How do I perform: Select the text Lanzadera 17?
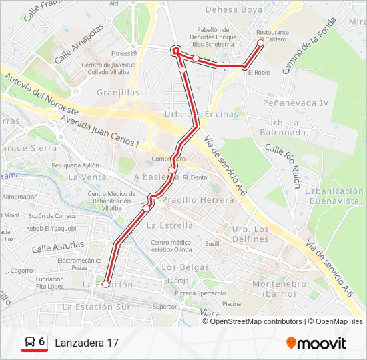pyautogui.click(x=87, y=343)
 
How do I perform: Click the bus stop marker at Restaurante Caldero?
pyautogui.click(x=261, y=43)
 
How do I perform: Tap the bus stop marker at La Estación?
pyautogui.click(x=105, y=285)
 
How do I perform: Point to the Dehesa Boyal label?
pyautogui.click(x=235, y=10)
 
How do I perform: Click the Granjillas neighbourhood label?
pyautogui.click(x=118, y=93)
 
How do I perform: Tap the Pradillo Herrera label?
pyautogui.click(x=198, y=199)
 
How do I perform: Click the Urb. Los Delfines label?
pyautogui.click(x=250, y=234)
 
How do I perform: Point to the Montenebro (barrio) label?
pyautogui.click(x=274, y=288)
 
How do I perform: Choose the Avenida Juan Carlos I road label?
pyautogui.click(x=99, y=131)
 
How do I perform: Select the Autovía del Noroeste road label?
pyautogui.click(x=41, y=93)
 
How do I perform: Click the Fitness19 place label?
pyautogui.click(x=124, y=54)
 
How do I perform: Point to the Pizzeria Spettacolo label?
pyautogui.click(x=200, y=293)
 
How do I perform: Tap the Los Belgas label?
pyautogui.click(x=181, y=267)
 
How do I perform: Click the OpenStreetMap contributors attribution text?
pyautogui.click(x=256, y=321)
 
